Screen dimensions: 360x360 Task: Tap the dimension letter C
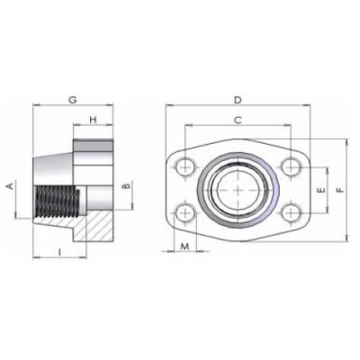click(x=237, y=120)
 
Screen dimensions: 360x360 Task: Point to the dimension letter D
click(x=237, y=98)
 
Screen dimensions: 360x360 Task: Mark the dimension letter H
click(x=92, y=120)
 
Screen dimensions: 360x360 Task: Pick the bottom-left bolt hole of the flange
click(x=186, y=213)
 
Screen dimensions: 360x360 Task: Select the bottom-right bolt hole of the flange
click(x=290, y=213)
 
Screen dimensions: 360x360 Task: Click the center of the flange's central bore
click(x=238, y=189)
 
